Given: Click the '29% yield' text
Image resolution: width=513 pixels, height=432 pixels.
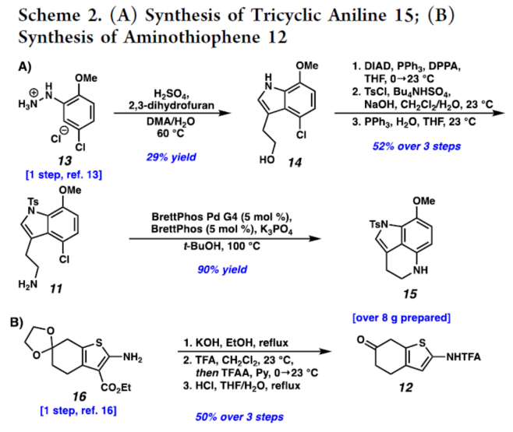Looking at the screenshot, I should pos(169,156).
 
